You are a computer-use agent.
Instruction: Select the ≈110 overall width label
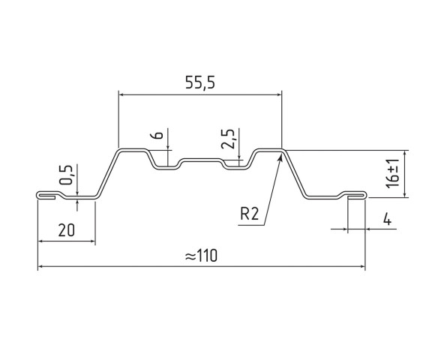200,255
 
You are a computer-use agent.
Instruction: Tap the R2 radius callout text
250,215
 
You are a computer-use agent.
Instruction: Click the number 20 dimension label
66,230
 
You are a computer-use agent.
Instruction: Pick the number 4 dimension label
385,220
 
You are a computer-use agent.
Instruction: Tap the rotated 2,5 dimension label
229,139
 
